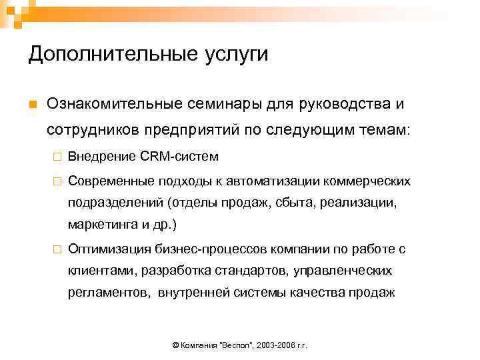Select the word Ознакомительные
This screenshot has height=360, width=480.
(x=123, y=105)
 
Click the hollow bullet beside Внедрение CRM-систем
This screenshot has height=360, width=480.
(x=58, y=157)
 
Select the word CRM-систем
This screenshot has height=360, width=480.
(x=179, y=157)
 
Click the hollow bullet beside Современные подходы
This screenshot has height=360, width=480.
(x=58, y=181)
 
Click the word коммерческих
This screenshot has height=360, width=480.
(x=373, y=181)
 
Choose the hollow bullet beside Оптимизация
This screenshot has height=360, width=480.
(x=58, y=249)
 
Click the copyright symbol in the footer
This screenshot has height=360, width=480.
(x=175, y=346)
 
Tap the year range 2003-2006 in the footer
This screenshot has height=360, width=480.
(x=273, y=346)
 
